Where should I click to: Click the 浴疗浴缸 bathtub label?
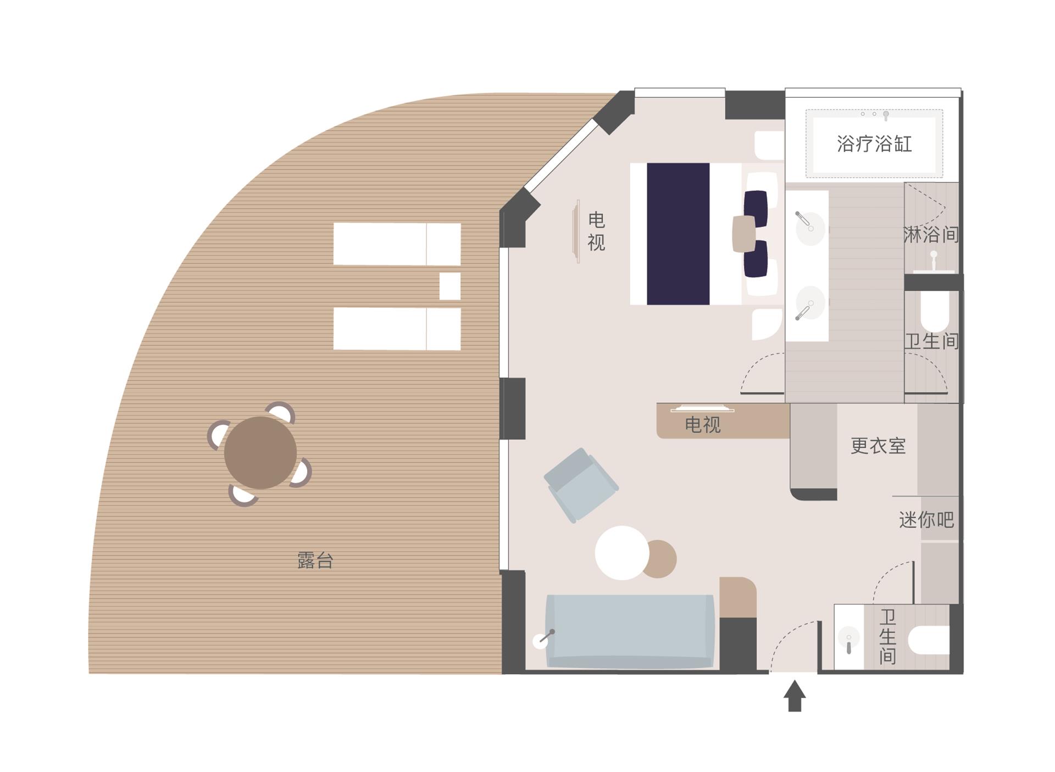pyautogui.click(x=874, y=144)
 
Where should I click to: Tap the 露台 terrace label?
pyautogui.click(x=315, y=560)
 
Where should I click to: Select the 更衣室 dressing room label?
pyautogui.click(x=878, y=446)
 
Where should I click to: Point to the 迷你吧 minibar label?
pyautogui.click(x=926, y=519)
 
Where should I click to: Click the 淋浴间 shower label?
pyautogui.click(x=931, y=235)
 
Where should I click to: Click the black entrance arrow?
pyautogui.click(x=795, y=696)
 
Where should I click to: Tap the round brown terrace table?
pyautogui.click(x=260, y=453)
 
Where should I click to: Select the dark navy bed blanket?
pyautogui.click(x=678, y=234)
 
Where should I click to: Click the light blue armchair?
pyautogui.click(x=581, y=485)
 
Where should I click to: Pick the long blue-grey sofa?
pyautogui.click(x=630, y=631)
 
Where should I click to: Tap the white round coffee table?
pyautogui.click(x=622, y=553)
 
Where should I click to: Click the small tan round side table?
pyautogui.click(x=659, y=559)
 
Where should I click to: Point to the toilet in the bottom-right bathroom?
pyautogui.click(x=929, y=640)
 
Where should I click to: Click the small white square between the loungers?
pyautogui.click(x=450, y=286)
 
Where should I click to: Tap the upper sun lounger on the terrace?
pyautogui.click(x=397, y=244)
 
